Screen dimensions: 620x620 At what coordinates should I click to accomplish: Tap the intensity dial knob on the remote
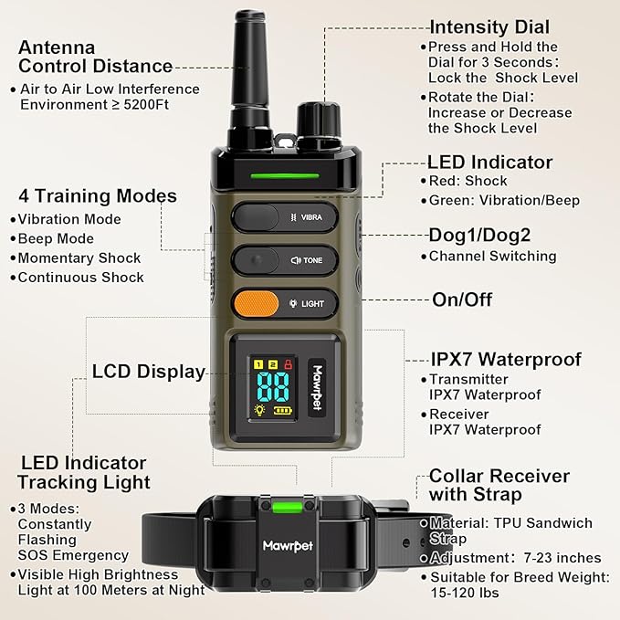pyautogui.click(x=319, y=121)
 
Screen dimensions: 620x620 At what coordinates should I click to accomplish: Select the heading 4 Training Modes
pyautogui.click(x=97, y=196)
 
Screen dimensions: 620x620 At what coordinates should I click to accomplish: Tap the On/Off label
pyautogui.click(x=462, y=299)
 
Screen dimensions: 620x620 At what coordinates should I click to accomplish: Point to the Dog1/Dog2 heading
pyautogui.click(x=479, y=235)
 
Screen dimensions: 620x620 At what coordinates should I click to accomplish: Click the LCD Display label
pyautogui.click(x=149, y=372)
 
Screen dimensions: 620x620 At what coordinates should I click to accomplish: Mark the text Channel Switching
pyautogui.click(x=492, y=256)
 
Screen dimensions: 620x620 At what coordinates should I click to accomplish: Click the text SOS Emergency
pyautogui.click(x=73, y=555)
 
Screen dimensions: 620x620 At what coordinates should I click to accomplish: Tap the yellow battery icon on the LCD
pyautogui.click(x=282, y=411)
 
